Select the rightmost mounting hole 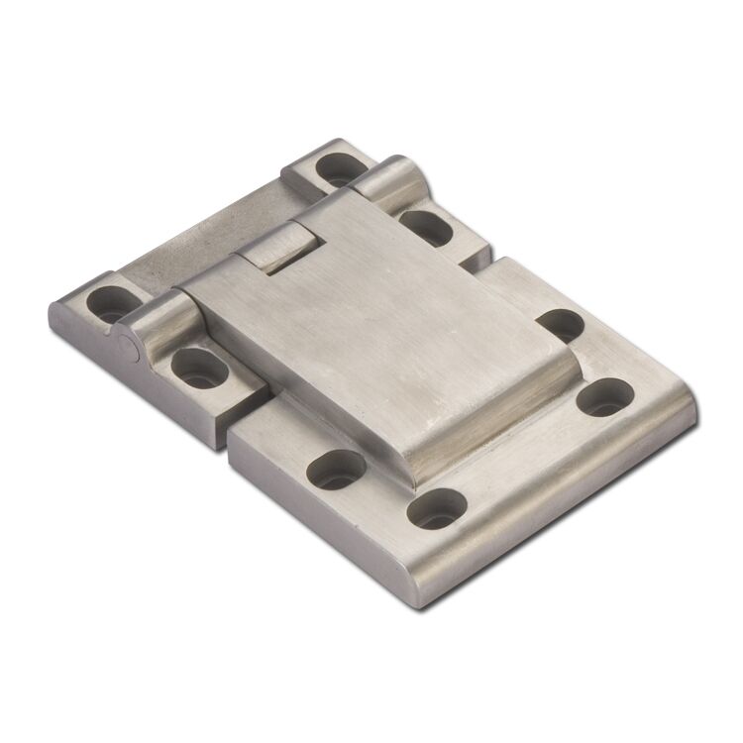point(604,396)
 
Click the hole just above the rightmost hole point(562,324)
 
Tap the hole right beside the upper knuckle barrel point(428,227)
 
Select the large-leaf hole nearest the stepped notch point(338,468)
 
